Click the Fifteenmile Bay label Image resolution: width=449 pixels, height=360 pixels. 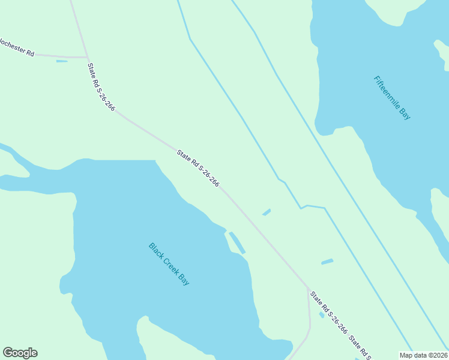(392, 98)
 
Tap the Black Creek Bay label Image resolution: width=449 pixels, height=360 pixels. (169, 264)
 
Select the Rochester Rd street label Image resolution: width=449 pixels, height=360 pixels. (16, 47)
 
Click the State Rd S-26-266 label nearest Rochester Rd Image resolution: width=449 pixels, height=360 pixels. (101, 87)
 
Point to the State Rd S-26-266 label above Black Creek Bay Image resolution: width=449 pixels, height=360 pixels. (198, 168)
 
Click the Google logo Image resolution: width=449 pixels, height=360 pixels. (20, 353)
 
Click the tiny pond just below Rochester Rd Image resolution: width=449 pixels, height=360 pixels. (62, 61)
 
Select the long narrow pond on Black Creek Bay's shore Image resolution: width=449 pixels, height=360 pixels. (237, 242)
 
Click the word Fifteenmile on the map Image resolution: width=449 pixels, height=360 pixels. (387, 92)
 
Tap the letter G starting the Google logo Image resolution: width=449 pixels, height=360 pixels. (8, 353)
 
